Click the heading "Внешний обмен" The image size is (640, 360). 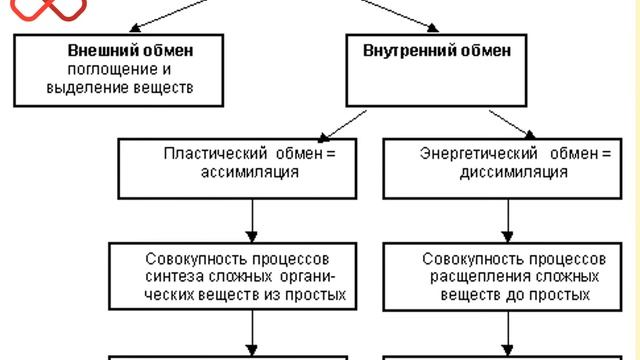(x=130, y=50)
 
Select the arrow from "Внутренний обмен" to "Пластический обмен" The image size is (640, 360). (x=340, y=123)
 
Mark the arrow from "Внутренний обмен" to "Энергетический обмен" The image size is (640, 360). (x=514, y=123)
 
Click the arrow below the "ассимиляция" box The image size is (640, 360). (x=250, y=218)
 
